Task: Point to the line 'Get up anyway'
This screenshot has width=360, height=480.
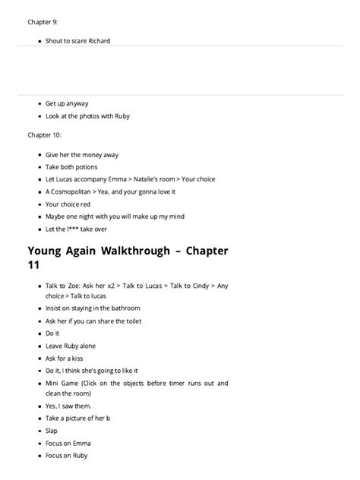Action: pyautogui.click(x=67, y=103)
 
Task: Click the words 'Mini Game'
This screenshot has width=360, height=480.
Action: pyautogui.click(x=64, y=384)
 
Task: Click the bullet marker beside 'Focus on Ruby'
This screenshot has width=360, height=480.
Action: pyautogui.click(x=39, y=456)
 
